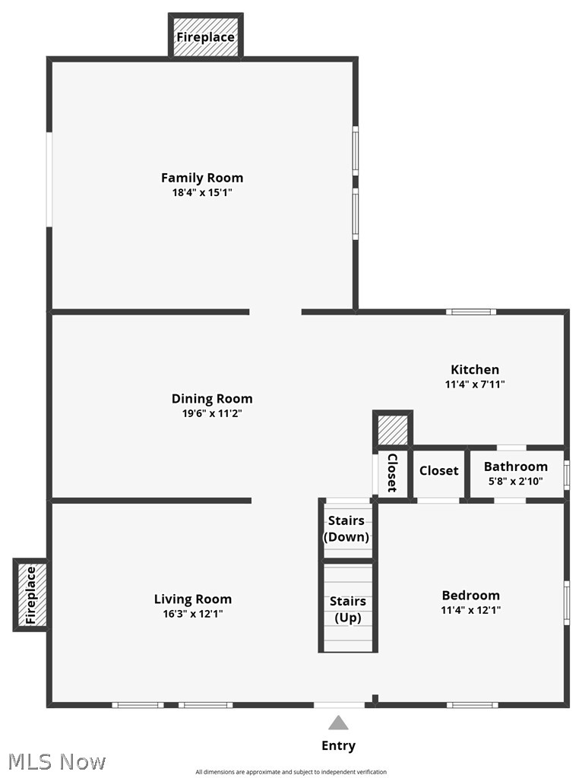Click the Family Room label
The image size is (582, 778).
(202, 178)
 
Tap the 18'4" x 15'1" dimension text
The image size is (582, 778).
(202, 193)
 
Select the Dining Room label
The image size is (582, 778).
(212, 399)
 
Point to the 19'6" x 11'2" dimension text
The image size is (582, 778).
(212, 414)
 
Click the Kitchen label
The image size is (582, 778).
(475, 370)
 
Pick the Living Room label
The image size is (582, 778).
(193, 599)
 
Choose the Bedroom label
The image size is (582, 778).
(471, 596)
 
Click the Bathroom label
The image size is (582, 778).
(516, 466)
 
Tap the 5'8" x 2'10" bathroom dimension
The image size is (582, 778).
(516, 481)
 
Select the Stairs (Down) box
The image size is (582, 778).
(348, 529)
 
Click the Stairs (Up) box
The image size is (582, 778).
(348, 609)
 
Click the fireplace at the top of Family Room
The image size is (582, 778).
(205, 37)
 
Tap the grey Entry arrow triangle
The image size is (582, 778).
(338, 723)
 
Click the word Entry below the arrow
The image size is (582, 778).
(338, 746)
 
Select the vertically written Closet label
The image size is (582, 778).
(392, 473)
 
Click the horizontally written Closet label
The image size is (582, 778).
(439, 471)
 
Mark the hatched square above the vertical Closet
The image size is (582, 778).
(393, 430)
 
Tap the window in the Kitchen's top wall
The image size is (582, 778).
(471, 312)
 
